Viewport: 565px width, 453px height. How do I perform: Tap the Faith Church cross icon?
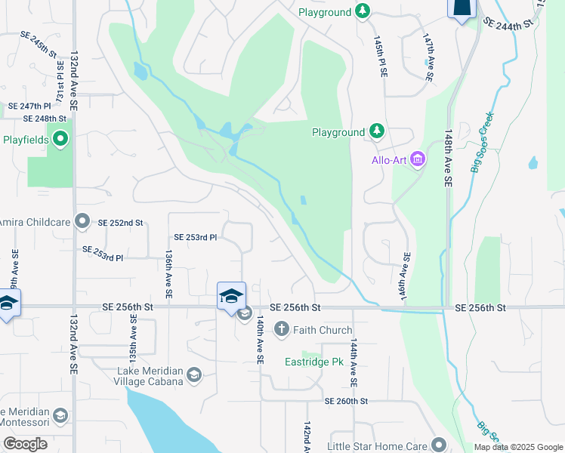pyautogui.click(x=282, y=329)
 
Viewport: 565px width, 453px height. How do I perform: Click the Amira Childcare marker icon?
pyautogui.click(x=83, y=223)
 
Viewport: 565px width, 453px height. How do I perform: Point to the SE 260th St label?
pyautogui.click(x=346, y=402)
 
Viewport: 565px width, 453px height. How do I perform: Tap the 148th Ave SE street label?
pyautogui.click(x=448, y=157)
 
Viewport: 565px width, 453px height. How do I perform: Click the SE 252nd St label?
pyautogui.click(x=120, y=223)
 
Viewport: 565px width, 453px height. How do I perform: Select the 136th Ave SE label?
pyautogui.click(x=168, y=274)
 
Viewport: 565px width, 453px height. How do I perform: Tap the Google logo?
pyautogui.click(x=24, y=444)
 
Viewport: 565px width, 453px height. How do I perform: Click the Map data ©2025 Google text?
pyautogui.click(x=517, y=447)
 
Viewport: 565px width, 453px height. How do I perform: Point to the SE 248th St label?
pyautogui.click(x=45, y=119)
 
